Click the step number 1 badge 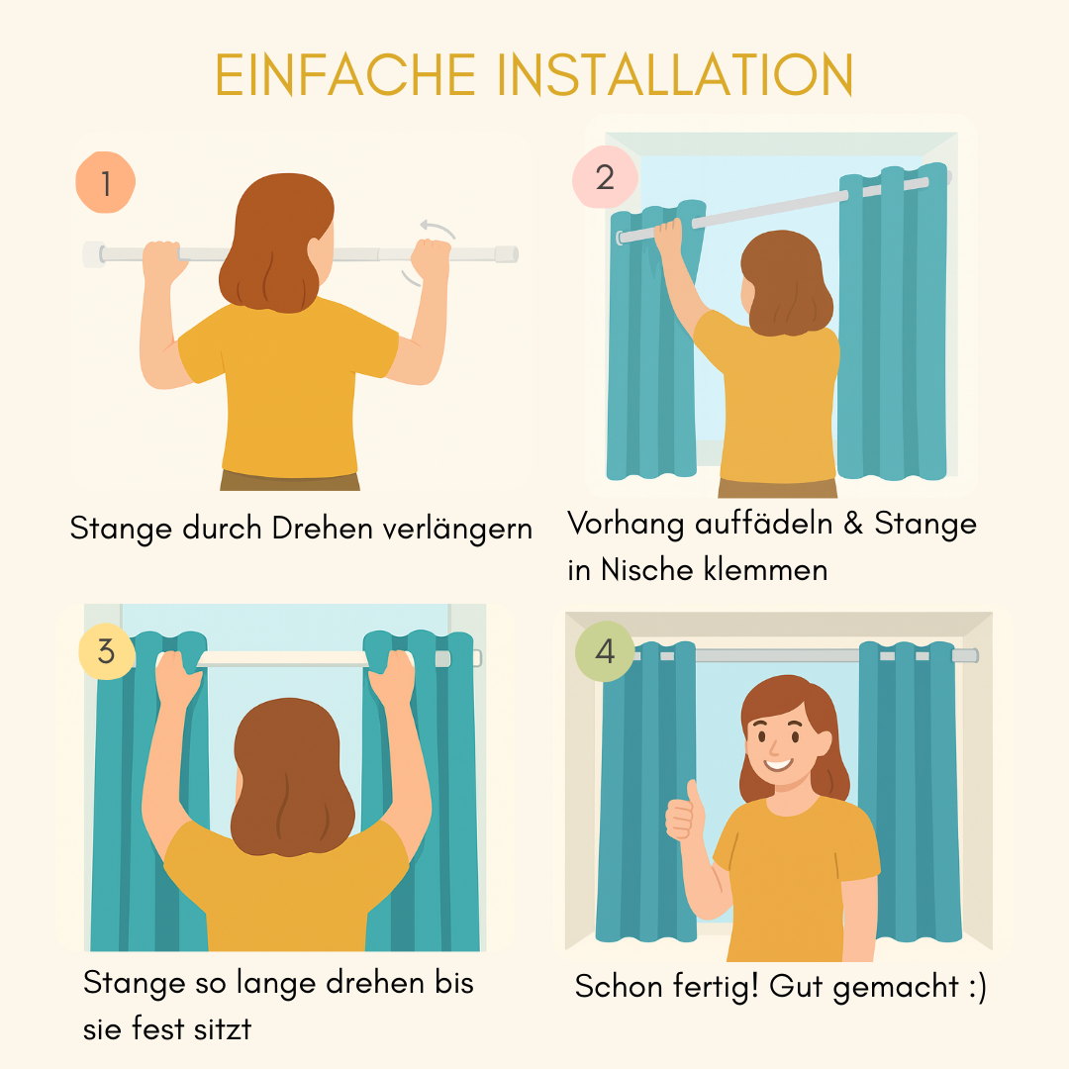point(106,182)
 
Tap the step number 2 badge point(605,177)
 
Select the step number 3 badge point(106,651)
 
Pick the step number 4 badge point(605,651)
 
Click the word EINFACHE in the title point(345,75)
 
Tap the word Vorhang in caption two point(626,525)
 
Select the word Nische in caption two point(645,569)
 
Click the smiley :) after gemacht point(978,988)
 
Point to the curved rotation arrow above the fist point(437,229)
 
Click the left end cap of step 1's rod point(93,254)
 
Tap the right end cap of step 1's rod point(507,254)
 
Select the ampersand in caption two point(853,524)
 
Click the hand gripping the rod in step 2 point(669,237)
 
